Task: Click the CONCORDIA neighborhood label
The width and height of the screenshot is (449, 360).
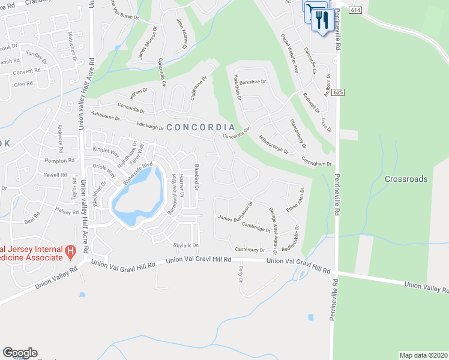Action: pyautogui.click(x=200, y=127)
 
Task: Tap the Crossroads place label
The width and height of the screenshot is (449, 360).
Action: pyautogui.click(x=406, y=179)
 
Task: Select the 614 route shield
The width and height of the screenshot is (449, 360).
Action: pyautogui.click(x=356, y=10)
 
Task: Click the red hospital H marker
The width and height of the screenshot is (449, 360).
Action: pyautogui.click(x=70, y=250)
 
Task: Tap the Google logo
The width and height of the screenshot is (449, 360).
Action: pyautogui.click(x=20, y=353)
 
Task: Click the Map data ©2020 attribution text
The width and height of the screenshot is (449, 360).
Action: pyautogui.click(x=423, y=355)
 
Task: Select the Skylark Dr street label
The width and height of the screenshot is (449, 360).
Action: pyautogui.click(x=185, y=245)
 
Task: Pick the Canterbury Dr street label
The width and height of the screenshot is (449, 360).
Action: pyautogui.click(x=250, y=250)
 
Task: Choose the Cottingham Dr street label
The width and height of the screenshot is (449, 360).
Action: pyautogui.click(x=317, y=163)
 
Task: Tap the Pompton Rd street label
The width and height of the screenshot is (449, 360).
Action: pyautogui.click(x=59, y=161)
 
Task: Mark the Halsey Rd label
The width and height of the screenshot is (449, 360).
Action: pyautogui.click(x=67, y=210)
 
